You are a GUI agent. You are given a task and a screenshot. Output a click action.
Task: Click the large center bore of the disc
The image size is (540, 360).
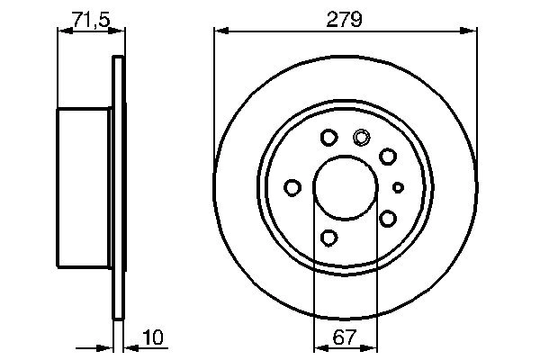coord(346,187)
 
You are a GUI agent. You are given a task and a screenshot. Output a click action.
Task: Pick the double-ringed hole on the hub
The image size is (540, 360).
coord(362,138)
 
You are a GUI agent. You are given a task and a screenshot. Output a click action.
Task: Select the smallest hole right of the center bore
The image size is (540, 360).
coord(399,187)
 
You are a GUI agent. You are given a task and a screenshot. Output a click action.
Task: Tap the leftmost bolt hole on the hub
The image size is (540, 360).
coord(292,187)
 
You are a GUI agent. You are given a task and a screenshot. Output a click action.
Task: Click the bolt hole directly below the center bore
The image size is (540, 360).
coord(328,238)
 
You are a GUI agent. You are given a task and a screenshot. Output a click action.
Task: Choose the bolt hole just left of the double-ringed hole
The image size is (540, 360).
coord(328,138)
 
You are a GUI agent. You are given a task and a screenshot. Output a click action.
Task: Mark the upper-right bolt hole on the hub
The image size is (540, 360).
coord(388,157)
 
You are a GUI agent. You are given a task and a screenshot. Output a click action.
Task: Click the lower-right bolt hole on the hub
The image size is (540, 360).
coord(388,219)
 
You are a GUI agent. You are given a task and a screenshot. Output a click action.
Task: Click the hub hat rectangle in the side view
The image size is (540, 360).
coord(85,187)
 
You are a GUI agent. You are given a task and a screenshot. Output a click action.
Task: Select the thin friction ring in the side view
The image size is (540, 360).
coord(117,187)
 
